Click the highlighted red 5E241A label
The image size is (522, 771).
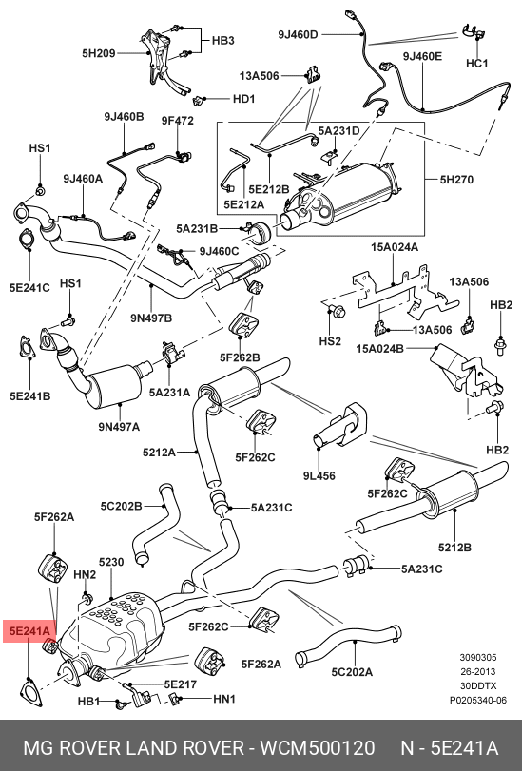point(29,631)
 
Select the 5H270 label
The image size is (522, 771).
point(456,180)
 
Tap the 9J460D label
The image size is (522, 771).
point(299,34)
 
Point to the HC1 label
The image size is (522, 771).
point(476,64)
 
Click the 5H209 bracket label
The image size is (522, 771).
point(98,52)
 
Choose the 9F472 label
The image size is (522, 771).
point(178,120)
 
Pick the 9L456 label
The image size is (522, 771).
point(319,475)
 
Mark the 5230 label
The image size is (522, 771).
point(111,562)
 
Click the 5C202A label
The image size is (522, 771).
point(352,672)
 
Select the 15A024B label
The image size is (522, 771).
point(379,349)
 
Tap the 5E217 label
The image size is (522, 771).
point(180,684)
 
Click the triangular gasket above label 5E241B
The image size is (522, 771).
point(28,347)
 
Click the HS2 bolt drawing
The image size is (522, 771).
point(338,311)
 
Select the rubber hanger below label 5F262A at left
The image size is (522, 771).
point(51,569)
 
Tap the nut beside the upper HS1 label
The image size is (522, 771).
point(40,189)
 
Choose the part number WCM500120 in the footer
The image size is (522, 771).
point(318,748)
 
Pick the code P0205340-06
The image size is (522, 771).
point(477,701)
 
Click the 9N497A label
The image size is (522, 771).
point(119,426)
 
